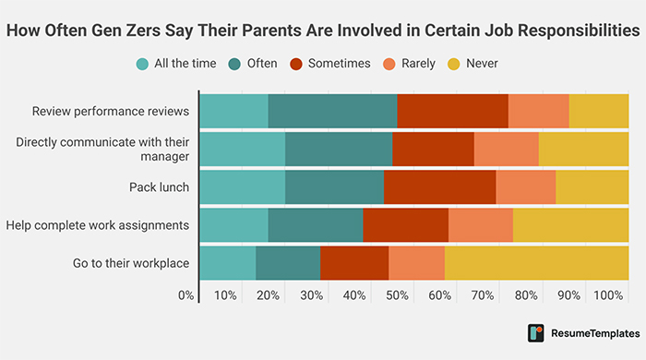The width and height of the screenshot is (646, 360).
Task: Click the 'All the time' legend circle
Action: (142, 64)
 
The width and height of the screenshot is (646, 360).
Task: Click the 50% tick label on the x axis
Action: (397, 295)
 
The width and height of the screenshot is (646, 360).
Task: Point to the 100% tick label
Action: (608, 295)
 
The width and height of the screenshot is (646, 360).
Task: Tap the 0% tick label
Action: (186, 295)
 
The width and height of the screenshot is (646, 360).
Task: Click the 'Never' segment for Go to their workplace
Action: (536, 263)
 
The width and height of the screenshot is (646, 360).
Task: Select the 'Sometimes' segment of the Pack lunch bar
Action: (439, 187)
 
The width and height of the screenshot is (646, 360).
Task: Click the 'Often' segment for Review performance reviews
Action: (332, 112)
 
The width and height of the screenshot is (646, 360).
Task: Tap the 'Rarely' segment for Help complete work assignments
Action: (480, 225)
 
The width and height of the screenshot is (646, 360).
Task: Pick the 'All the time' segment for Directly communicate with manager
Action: (242, 150)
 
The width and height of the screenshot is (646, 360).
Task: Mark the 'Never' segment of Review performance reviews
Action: (599, 112)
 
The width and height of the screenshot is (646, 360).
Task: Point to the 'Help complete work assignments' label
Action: (97, 225)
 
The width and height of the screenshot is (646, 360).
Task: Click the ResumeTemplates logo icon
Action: (535, 332)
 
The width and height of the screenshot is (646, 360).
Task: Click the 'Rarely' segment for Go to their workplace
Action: (416, 263)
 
